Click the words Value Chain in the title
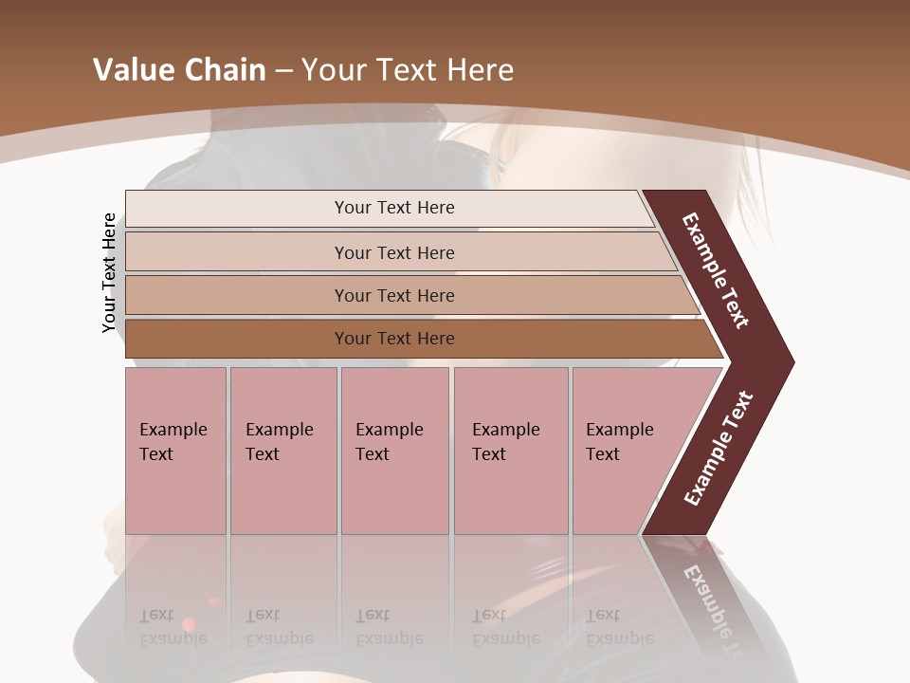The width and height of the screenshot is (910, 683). (x=179, y=70)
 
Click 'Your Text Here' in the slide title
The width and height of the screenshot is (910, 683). (x=408, y=70)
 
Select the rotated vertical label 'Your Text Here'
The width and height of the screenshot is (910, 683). (x=109, y=273)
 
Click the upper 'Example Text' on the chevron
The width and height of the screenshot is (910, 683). (x=716, y=270)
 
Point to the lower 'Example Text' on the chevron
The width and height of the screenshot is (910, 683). (x=718, y=449)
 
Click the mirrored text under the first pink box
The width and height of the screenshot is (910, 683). (x=173, y=627)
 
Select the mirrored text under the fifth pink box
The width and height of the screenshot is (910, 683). (x=619, y=627)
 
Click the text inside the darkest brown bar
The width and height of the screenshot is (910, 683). (x=394, y=339)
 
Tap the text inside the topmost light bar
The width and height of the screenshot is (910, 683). (x=394, y=208)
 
